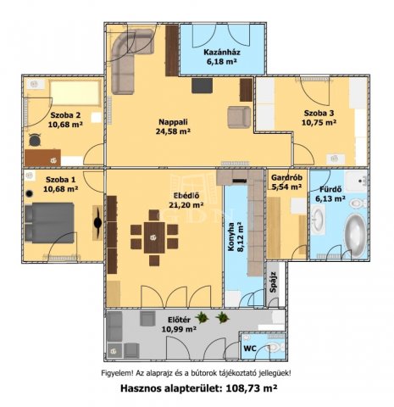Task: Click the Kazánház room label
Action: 222,53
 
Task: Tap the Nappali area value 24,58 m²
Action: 173,131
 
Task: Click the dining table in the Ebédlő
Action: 154,237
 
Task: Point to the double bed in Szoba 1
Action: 50,223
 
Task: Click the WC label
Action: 250,348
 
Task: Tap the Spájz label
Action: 273,282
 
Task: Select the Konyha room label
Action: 231,237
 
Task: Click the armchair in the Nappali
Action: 239,117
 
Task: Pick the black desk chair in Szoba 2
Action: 35,140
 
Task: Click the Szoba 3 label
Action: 319,114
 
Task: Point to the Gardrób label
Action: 286,178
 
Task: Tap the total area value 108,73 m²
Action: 252,388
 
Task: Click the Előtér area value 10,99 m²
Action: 179,329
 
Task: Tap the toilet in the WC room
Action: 275,348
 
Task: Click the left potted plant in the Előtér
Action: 202,318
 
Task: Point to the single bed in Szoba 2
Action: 75,92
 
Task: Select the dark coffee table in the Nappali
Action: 202,86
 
